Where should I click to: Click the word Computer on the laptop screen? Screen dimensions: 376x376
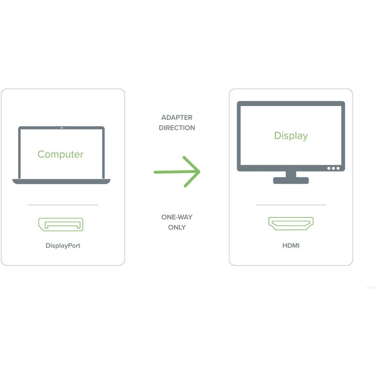61,155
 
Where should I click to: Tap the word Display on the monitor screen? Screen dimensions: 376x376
291,136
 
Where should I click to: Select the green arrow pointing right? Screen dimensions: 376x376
177,172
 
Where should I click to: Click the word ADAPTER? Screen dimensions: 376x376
177,117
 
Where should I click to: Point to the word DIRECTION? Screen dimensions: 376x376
177,128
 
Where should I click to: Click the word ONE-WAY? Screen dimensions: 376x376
177,217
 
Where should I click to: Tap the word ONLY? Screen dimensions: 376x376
177,227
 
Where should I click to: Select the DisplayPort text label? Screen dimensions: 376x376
63,246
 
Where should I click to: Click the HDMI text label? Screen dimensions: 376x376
291,246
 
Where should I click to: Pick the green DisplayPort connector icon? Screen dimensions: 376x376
61,224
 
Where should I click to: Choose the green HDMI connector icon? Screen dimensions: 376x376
291,224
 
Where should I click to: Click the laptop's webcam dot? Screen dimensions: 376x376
62,128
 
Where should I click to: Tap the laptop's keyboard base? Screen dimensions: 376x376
61,182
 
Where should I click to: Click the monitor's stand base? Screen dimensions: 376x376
291,180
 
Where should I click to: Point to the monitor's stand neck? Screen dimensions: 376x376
291,174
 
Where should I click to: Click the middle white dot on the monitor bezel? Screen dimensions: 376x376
333,168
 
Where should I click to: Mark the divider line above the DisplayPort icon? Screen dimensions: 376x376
63,205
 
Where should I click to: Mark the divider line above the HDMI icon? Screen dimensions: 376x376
291,205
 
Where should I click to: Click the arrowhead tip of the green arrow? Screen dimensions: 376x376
200,171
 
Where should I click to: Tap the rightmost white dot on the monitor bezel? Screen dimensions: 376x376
338,168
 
